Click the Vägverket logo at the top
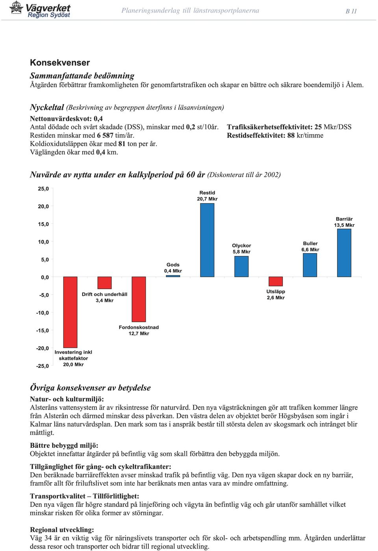(x=40, y=9)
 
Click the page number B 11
(x=351, y=11)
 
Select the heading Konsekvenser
(x=60, y=63)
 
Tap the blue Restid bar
(x=207, y=240)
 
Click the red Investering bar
(x=70, y=312)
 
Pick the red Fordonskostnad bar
(x=139, y=299)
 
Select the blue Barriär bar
(x=344, y=253)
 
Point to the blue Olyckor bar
(x=241, y=267)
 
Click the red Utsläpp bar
(x=276, y=281)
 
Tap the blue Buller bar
(x=310, y=265)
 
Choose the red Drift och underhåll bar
(x=104, y=283)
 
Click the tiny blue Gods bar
(x=173, y=276)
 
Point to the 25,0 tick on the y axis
(x=43, y=189)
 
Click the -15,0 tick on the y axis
(x=43, y=330)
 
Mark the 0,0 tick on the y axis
(x=45, y=277)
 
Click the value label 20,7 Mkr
(x=207, y=199)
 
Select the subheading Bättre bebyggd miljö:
(x=64, y=445)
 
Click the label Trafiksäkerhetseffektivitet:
(x=270, y=127)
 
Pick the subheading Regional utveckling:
(x=62, y=530)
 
